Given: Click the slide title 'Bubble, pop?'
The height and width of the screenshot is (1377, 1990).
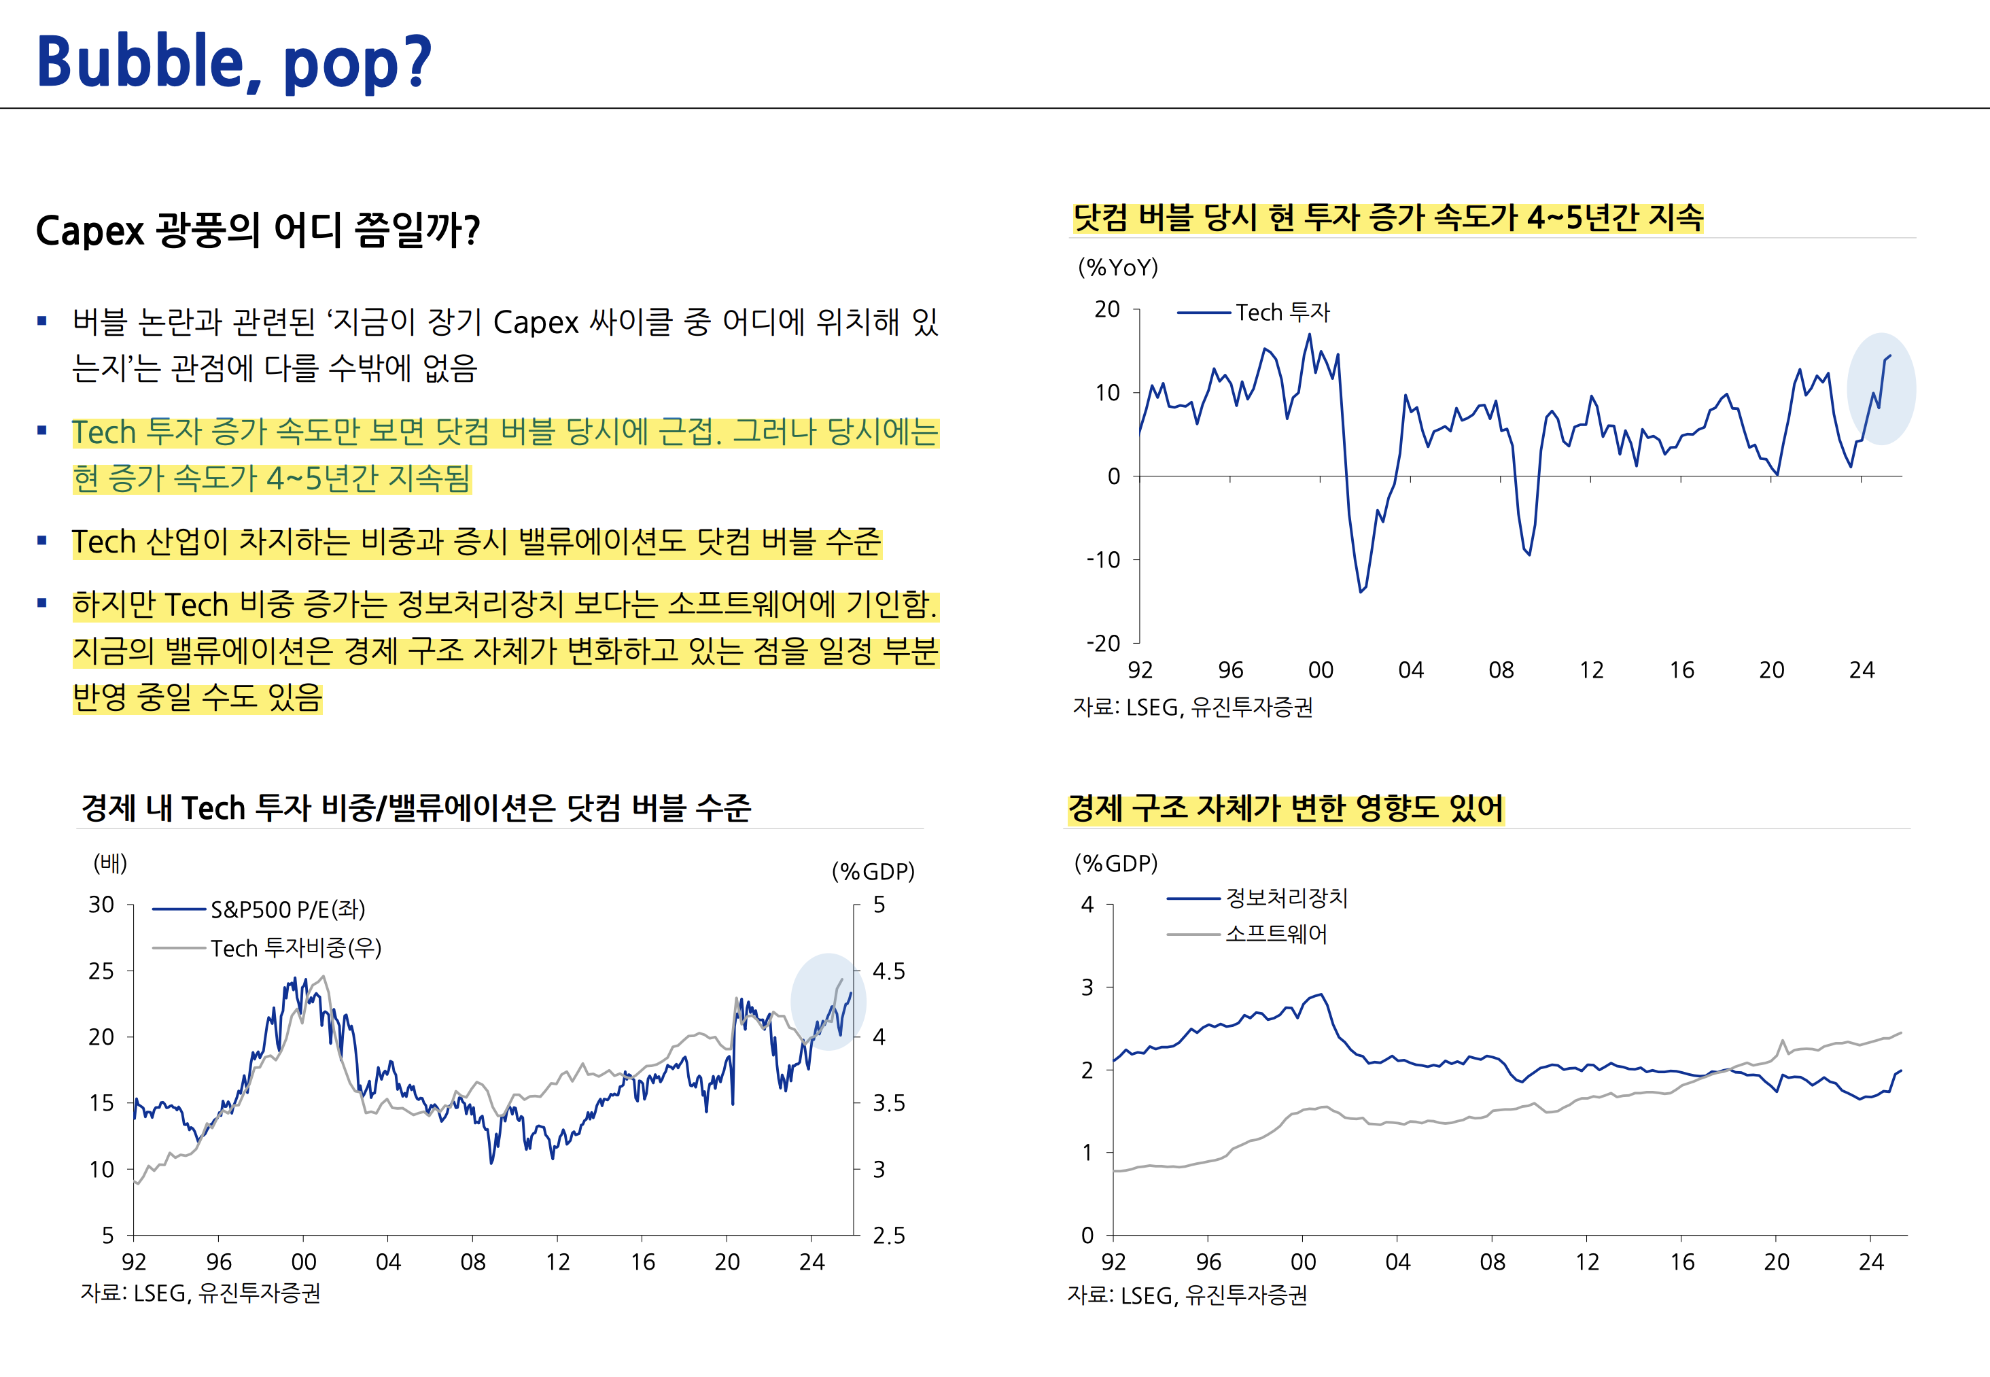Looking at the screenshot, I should tap(233, 62).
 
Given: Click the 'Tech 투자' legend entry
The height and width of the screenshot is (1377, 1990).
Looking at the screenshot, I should tap(1282, 313).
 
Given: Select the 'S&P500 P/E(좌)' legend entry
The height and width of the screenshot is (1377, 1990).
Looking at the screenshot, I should tap(287, 909).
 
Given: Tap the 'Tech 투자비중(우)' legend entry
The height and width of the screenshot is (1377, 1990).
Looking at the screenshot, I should tap(295, 948).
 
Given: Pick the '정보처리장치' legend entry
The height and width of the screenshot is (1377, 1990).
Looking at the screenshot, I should tap(1286, 898).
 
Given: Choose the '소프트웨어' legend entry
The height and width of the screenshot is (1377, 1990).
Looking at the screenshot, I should tap(1276, 935).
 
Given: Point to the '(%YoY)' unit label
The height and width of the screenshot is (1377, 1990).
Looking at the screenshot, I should tap(1118, 268).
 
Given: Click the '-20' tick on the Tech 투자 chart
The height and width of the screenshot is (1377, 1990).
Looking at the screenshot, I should tap(1103, 644).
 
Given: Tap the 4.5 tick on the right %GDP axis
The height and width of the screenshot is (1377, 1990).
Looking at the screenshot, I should tap(888, 971).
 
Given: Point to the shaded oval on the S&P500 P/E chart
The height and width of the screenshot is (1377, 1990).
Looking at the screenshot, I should tap(827, 1002).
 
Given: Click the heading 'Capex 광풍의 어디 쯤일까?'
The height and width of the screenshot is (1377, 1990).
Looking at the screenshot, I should tap(257, 230).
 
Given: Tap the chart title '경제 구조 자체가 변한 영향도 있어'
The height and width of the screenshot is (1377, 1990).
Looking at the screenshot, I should tap(1285, 808).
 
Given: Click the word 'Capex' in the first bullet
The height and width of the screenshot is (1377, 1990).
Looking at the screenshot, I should tap(536, 323).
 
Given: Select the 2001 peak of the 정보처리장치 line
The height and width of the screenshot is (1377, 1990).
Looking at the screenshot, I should tap(1321, 995).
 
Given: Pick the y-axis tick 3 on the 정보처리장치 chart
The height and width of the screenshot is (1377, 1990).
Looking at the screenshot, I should tap(1087, 987).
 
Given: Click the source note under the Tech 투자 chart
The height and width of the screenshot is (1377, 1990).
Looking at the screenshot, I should tap(1192, 708).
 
